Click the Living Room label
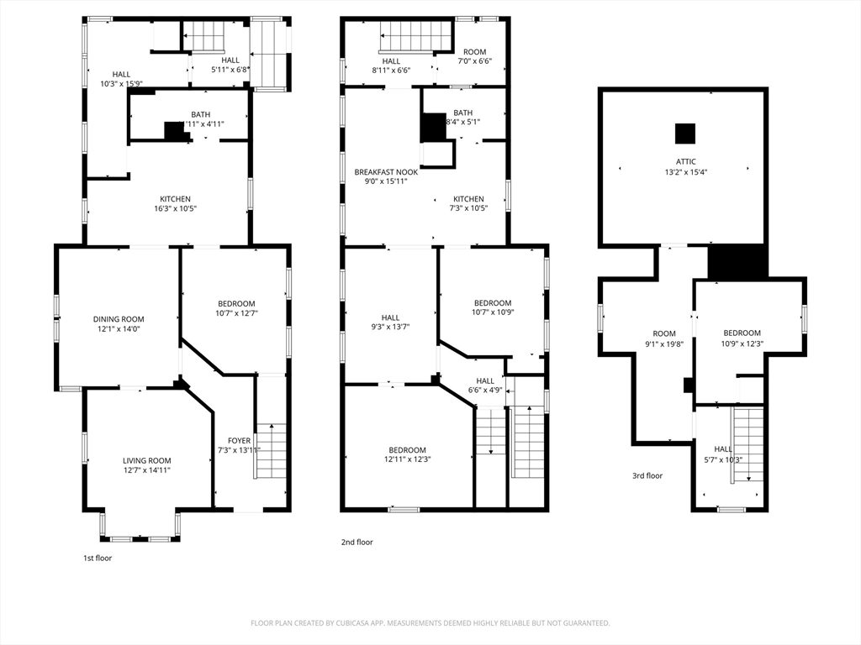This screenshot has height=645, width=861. pos(147,460)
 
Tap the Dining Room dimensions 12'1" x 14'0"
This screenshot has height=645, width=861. pos(119,330)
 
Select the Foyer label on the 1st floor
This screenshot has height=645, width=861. pos(239,440)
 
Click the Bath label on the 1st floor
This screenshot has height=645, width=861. pos(200,114)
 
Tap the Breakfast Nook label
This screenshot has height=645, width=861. pos(386,171)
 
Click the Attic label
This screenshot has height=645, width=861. pos(686,162)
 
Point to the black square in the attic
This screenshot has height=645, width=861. pos(685,134)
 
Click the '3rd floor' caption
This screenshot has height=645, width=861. pos(647,476)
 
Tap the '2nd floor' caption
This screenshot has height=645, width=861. pos(357,543)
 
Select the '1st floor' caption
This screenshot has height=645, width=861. pos(97,558)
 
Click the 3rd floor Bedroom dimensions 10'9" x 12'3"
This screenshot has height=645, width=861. pos(742,343)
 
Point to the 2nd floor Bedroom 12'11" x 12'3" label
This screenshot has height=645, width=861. pos(408,450)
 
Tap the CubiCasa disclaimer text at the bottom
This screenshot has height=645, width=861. pos(430,623)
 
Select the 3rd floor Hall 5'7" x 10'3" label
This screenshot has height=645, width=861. pos(723,449)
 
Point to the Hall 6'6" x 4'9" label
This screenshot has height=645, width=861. pos(485,380)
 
